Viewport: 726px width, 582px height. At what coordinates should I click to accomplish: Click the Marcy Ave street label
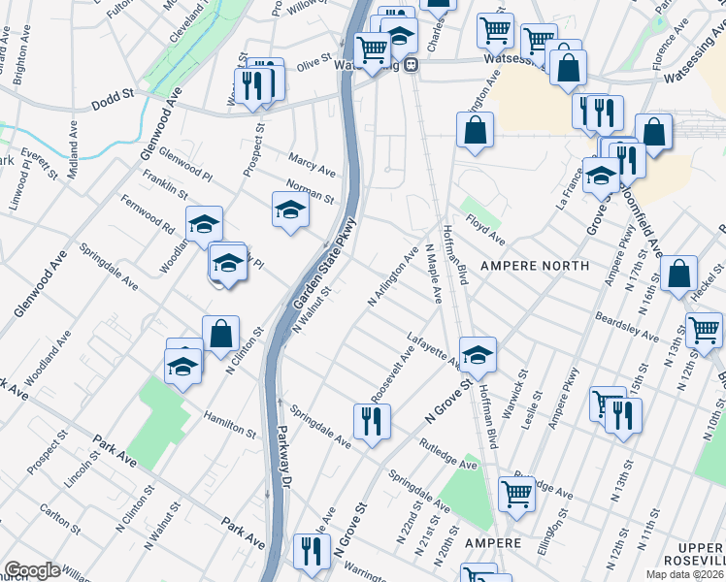tap(312, 164)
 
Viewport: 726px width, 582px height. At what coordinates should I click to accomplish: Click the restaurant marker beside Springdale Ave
tap(371, 420)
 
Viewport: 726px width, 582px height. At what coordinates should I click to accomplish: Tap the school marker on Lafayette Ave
tap(478, 355)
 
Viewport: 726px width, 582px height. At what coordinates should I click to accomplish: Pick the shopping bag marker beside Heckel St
tap(680, 274)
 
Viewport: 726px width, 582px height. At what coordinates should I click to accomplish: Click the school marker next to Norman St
tap(290, 210)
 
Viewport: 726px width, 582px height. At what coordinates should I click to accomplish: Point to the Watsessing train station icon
tap(412, 65)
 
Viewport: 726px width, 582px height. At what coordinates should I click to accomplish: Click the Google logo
tap(31, 570)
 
